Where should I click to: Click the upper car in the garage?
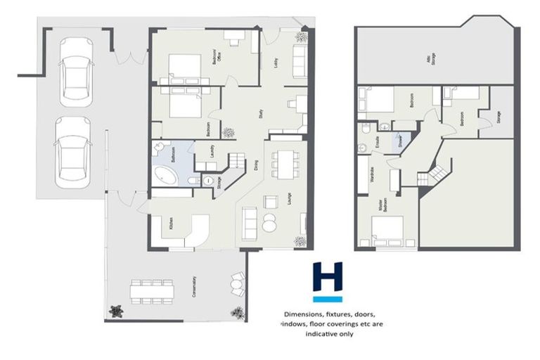(76, 67)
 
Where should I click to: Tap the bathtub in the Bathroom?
(167, 176)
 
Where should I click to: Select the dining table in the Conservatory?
(151, 290)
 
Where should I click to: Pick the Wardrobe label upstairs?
(371, 173)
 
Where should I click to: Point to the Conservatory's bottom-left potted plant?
(116, 310)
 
